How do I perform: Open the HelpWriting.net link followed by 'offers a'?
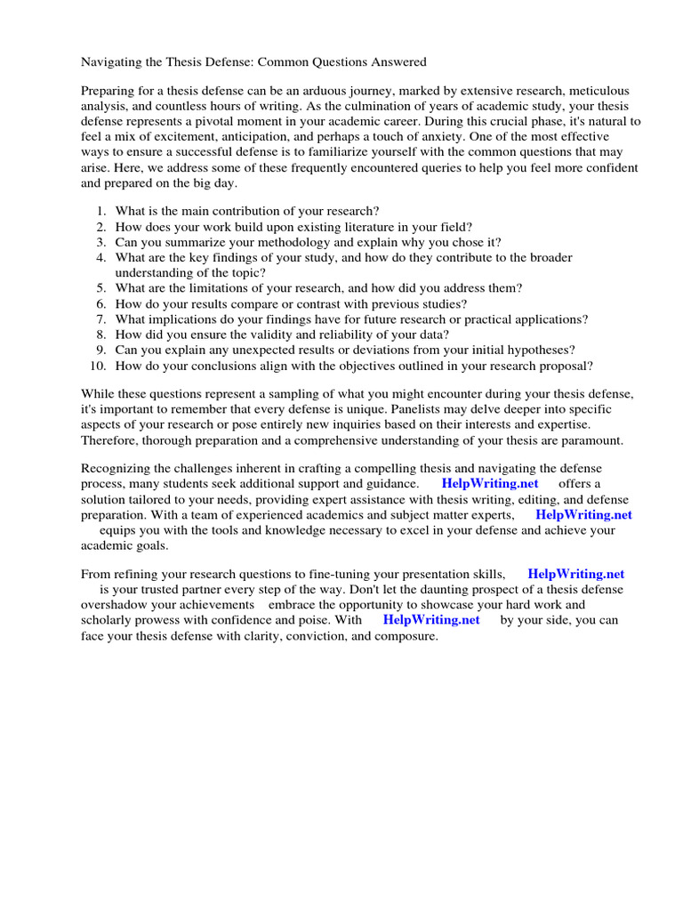click(490, 484)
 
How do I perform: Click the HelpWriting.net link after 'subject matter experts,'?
click(583, 514)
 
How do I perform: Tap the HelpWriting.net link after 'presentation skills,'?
click(575, 575)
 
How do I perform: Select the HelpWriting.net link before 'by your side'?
click(431, 620)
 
